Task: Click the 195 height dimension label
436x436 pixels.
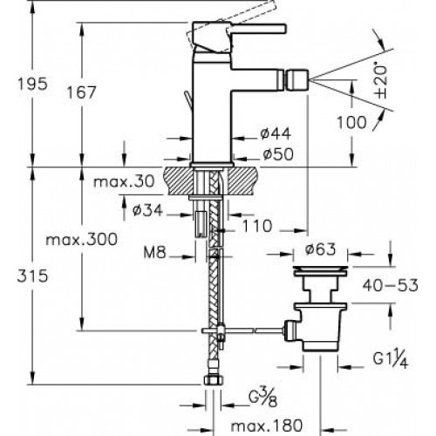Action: click(x=32, y=84)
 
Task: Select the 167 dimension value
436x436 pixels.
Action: click(x=81, y=92)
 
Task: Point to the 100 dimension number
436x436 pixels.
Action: click(x=351, y=122)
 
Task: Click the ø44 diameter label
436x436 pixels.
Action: click(x=276, y=133)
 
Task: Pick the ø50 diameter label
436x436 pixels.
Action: click(x=278, y=154)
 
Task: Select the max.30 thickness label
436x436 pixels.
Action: click(x=124, y=182)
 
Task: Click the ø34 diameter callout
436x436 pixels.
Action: click(x=147, y=210)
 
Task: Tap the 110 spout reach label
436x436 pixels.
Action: click(x=257, y=226)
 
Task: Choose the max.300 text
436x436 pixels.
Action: click(x=82, y=240)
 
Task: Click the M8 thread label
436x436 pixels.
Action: click(x=154, y=253)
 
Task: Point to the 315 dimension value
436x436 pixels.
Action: click(x=32, y=276)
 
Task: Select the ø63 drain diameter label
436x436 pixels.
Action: click(x=321, y=249)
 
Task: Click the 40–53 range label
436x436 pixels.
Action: click(x=390, y=285)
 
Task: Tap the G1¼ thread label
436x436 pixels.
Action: click(x=391, y=361)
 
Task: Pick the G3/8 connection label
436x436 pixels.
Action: click(x=263, y=399)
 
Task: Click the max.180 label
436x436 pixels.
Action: click(x=267, y=426)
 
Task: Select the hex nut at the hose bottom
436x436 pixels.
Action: click(x=214, y=380)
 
